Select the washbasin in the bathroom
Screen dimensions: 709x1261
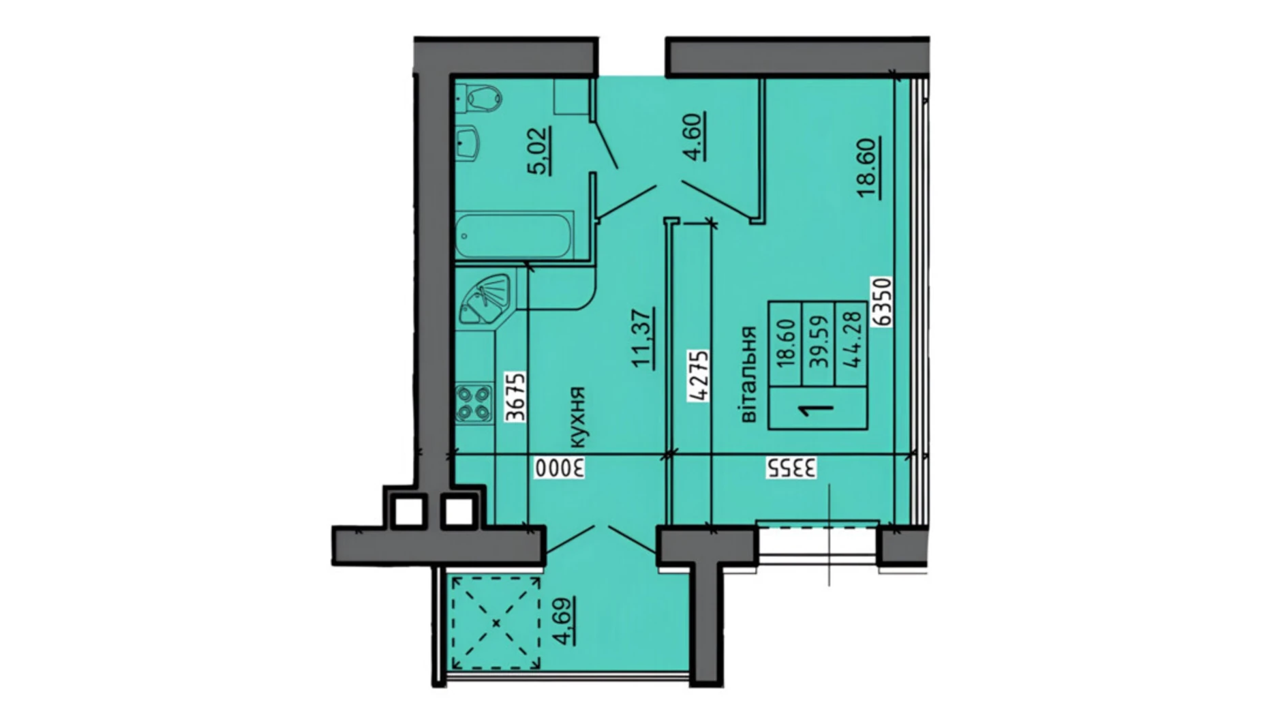[469, 143]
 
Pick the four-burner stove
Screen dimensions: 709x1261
[474, 403]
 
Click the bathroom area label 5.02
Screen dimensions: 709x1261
[541, 151]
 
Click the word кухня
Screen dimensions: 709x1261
[576, 417]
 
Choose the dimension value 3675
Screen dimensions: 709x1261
[516, 397]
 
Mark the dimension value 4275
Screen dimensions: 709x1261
[699, 376]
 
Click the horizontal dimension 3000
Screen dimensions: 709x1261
[559, 468]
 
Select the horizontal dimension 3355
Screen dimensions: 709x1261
[791, 468]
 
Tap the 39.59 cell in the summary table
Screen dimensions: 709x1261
[819, 342]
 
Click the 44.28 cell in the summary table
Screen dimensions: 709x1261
[852, 342]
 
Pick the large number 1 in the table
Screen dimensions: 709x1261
[817, 409]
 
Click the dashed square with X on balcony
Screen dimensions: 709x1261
[496, 623]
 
